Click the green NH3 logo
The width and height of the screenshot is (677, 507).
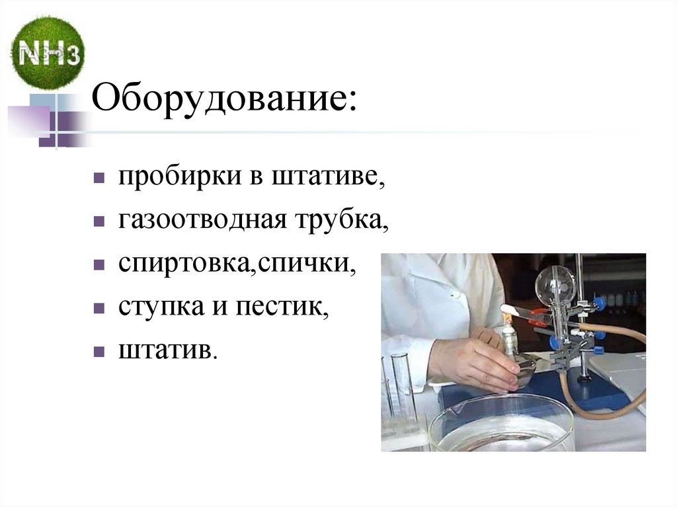[48, 53]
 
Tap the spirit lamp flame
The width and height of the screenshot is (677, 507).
[508, 319]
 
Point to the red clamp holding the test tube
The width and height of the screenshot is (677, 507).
[539, 317]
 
